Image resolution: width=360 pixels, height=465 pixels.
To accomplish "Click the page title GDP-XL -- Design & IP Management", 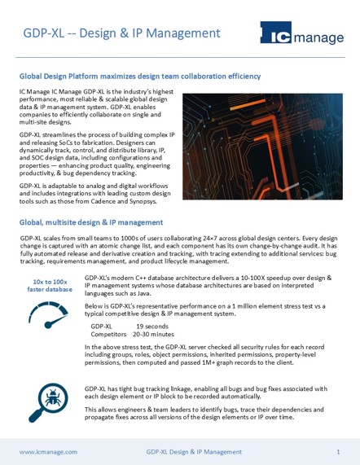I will click(x=121, y=33).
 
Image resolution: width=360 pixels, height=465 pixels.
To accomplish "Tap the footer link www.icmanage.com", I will click(x=48, y=450).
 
